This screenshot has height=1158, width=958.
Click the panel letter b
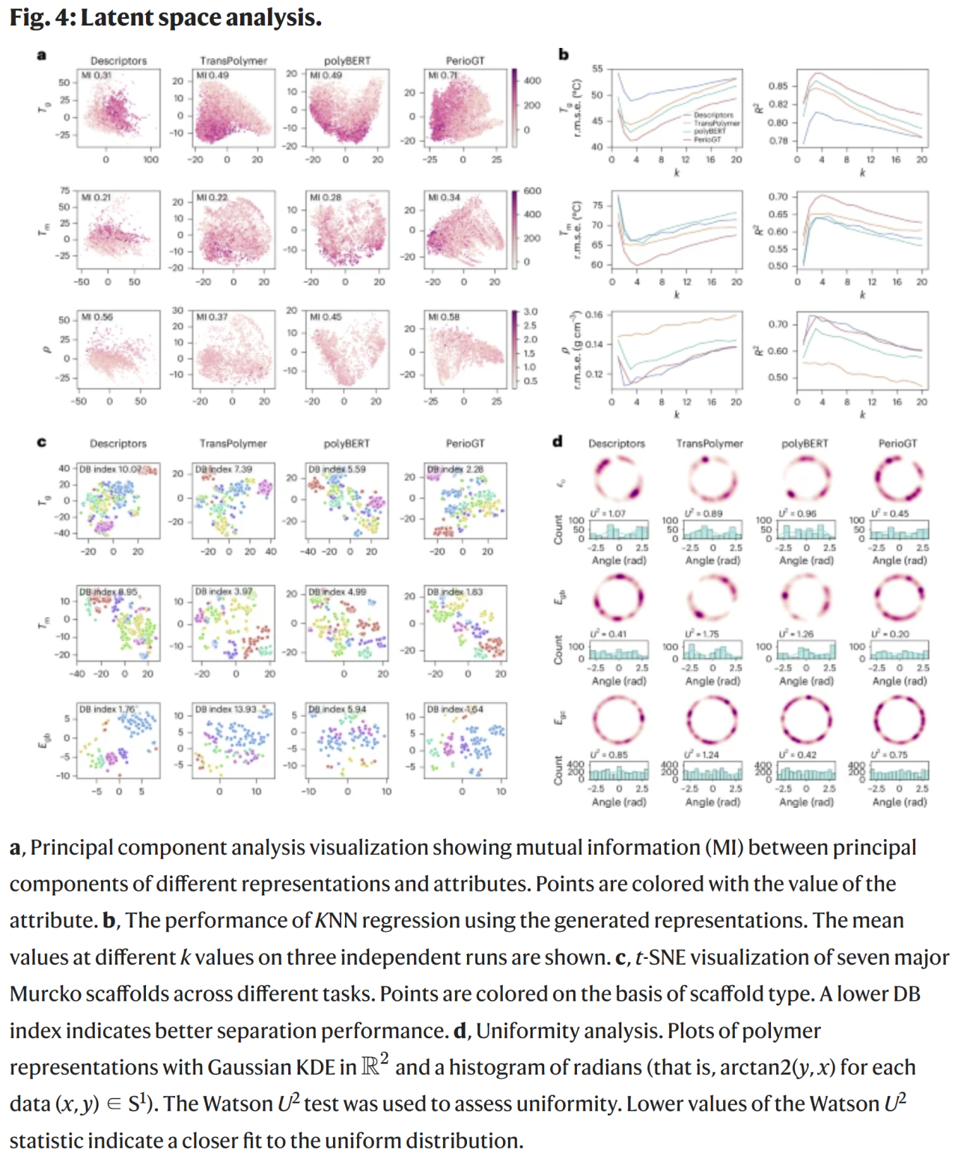click(564, 54)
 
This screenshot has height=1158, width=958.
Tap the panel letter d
click(558, 441)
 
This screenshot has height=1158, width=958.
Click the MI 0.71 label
click(443, 76)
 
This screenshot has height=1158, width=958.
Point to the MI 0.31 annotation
click(96, 76)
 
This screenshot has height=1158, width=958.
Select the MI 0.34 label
click(444, 198)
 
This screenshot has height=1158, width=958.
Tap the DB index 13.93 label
click(225, 709)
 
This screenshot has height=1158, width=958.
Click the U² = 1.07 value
click(608, 514)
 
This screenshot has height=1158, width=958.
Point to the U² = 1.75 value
click(701, 634)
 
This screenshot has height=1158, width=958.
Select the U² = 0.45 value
click(890, 514)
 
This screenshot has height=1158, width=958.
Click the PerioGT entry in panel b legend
click(707, 139)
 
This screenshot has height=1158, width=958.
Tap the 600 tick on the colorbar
click(532, 191)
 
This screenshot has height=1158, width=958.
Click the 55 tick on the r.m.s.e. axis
click(597, 69)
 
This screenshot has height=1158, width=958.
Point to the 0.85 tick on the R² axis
click(778, 86)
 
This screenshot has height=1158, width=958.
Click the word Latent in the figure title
click(115, 17)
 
